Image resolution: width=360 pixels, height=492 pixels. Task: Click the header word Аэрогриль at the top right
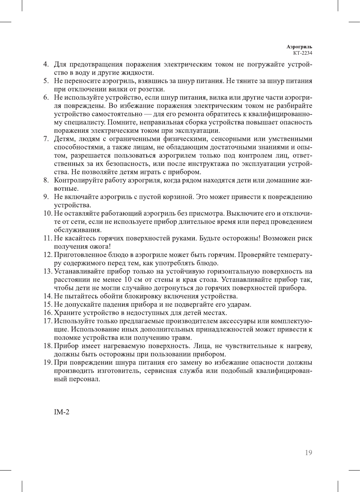pyautogui.click(x=299, y=47)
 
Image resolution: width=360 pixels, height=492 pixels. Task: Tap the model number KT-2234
pyautogui.click(x=303, y=53)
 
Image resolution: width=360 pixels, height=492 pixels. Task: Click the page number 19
pyautogui.click(x=308, y=453)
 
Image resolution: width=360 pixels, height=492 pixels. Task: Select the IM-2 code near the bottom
pyautogui.click(x=62, y=412)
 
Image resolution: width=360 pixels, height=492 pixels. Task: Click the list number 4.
pyautogui.click(x=46, y=64)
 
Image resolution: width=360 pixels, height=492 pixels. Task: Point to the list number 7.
pyautogui.click(x=46, y=139)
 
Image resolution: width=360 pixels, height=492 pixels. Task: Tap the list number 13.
pyautogui.click(x=47, y=271)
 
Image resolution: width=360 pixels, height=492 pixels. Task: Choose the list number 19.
pyautogui.click(x=47, y=363)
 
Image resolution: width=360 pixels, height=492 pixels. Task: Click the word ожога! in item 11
pyautogui.click(x=100, y=247)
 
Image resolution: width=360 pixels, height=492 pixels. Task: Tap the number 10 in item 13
pyautogui.click(x=128, y=280)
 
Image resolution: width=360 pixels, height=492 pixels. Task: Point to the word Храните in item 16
pyautogui.click(x=67, y=313)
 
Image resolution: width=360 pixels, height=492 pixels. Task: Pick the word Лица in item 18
pyautogui.click(x=201, y=346)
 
